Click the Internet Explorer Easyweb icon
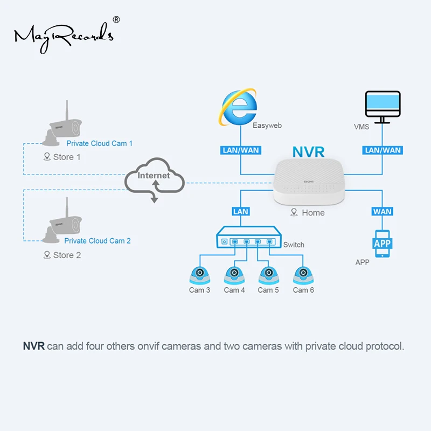238,107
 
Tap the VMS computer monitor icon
383,107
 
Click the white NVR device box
309,182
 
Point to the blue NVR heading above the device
308,152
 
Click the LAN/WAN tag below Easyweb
240,150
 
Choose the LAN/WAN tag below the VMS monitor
383,150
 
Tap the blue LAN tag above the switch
240,212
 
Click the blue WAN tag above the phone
383,212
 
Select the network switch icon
249,237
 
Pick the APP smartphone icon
383,244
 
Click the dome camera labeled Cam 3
200,275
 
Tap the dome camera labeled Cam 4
234,275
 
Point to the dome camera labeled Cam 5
269,275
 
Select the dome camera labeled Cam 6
303,275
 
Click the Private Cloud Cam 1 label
99,143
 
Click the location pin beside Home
294,212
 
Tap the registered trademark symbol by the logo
116,19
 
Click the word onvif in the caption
148,346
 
